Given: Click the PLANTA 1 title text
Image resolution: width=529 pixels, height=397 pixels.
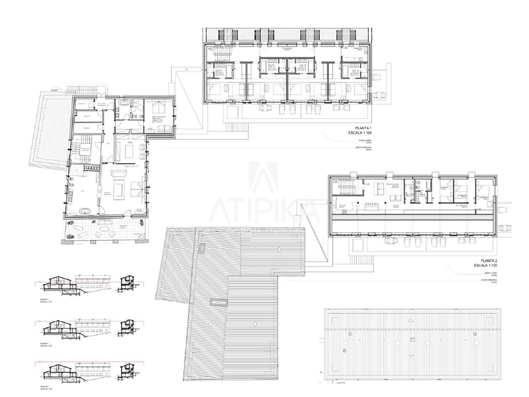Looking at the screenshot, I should (x=363, y=128).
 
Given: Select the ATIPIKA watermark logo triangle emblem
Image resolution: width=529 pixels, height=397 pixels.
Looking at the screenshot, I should (x=263, y=177).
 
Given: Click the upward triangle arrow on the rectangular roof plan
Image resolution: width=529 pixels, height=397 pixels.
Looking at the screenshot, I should (x=411, y=320).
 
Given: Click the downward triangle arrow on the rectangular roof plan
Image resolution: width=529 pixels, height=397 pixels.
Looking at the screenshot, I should (x=411, y=356).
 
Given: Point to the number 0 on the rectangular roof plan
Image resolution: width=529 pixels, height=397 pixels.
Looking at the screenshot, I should (x=345, y=350).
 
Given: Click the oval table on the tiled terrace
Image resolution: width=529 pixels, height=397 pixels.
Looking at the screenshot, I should (x=105, y=229).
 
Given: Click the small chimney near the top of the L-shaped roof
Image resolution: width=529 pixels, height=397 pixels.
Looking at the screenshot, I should (x=201, y=247).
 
